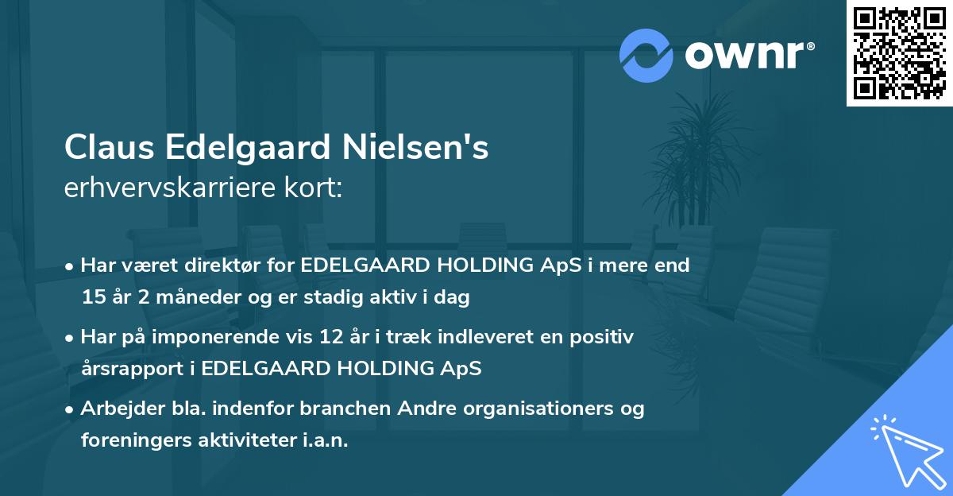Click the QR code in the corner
click(x=899, y=53)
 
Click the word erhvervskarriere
click(x=159, y=188)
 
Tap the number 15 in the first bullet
click(x=92, y=298)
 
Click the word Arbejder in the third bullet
click(x=116, y=409)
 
